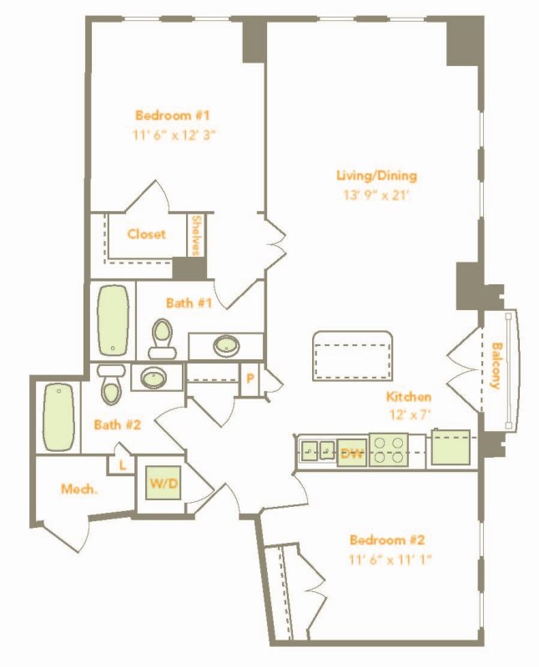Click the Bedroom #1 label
click(x=173, y=115)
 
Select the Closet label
click(x=147, y=234)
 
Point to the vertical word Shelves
click(x=196, y=235)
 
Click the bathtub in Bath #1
click(x=113, y=319)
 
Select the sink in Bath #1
click(x=226, y=345)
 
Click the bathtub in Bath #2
click(x=58, y=417)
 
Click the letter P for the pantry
click(x=250, y=379)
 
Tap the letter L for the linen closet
click(x=123, y=465)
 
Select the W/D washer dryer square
click(x=164, y=483)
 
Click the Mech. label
click(x=79, y=489)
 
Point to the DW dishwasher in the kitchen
click(x=352, y=454)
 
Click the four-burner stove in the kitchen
click(x=389, y=450)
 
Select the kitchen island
click(x=352, y=356)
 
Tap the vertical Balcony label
click(x=495, y=365)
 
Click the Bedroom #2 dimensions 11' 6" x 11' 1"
click(x=390, y=559)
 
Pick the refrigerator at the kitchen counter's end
click(x=451, y=447)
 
